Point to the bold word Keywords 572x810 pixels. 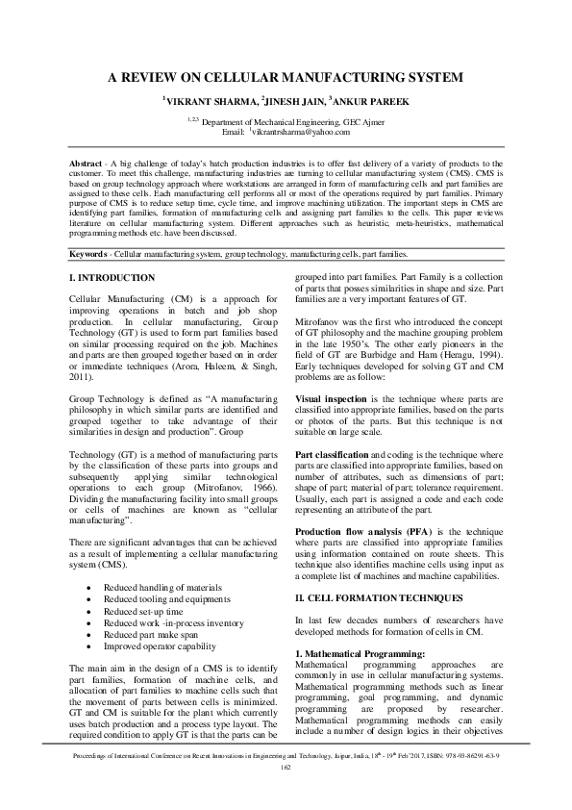[x=93, y=254]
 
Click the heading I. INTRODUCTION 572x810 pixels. [x=112, y=279]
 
